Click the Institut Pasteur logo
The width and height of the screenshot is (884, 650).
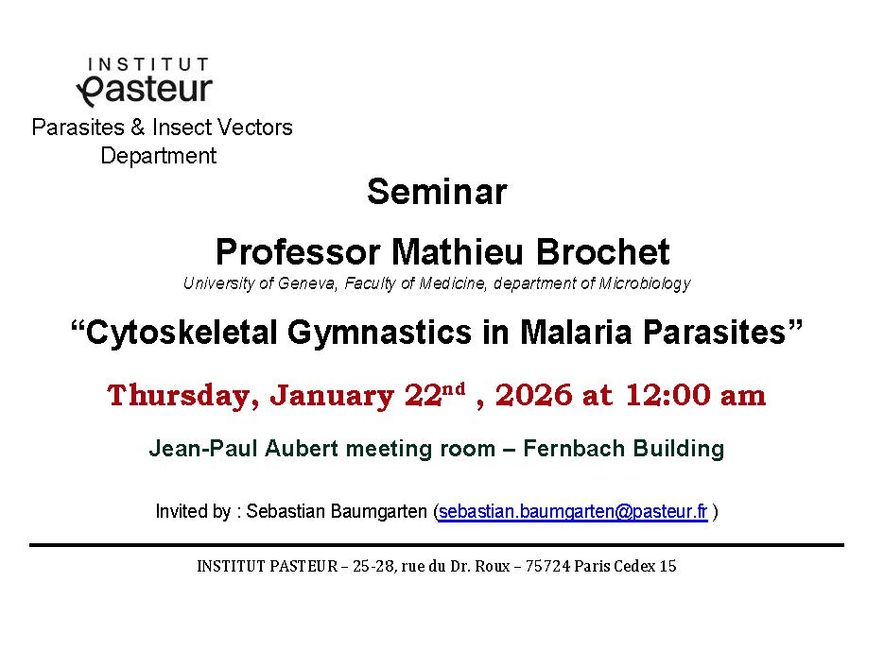(145, 81)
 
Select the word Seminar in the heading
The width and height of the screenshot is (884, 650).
(437, 192)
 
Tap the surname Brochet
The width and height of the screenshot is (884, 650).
(602, 251)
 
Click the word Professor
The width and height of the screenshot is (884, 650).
(298, 251)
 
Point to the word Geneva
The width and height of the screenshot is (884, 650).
(307, 283)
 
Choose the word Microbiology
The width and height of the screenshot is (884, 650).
(645, 283)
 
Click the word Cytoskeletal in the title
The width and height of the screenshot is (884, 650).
(182, 332)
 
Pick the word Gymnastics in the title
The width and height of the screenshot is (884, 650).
(379, 333)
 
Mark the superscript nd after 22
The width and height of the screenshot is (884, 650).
(453, 388)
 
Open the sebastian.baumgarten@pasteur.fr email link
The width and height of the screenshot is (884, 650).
(573, 511)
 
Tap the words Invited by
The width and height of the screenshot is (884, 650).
(194, 511)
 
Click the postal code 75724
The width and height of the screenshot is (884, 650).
(547, 566)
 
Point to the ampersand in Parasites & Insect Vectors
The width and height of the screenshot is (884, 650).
(137, 128)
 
